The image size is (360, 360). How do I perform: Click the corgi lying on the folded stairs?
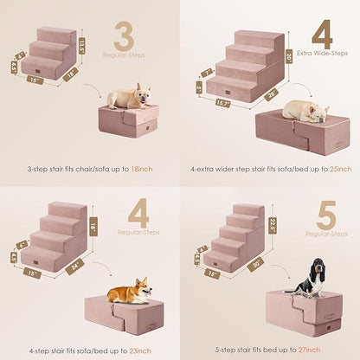coord(130,291)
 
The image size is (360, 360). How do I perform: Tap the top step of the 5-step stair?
coord(248,210)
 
